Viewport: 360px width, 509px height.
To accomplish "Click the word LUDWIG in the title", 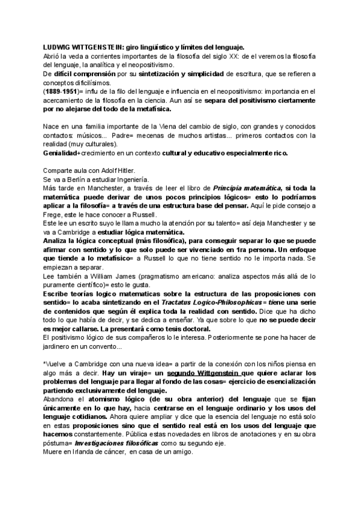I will [x=57, y=46].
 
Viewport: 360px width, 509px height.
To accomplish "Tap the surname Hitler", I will [x=128, y=170].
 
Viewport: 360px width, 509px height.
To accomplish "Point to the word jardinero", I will [x=58, y=347].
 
